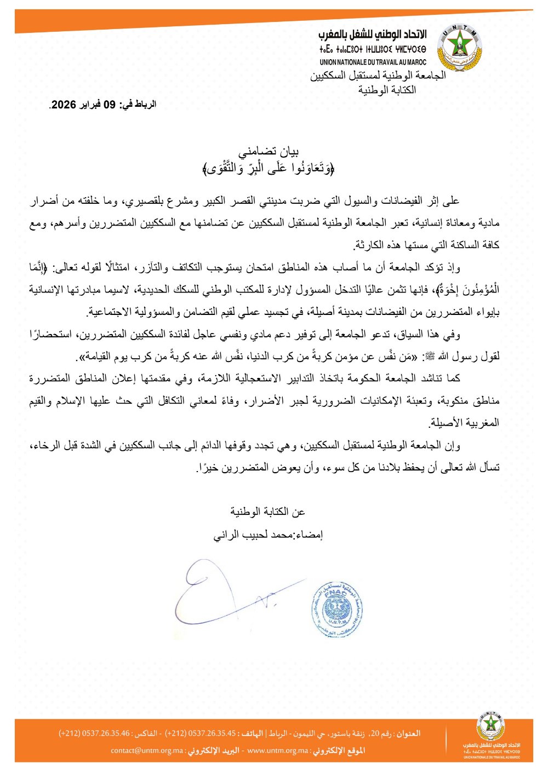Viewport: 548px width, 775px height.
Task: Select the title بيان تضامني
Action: (x=269, y=152)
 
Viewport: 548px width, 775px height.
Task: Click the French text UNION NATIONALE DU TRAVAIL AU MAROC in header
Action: (x=373, y=62)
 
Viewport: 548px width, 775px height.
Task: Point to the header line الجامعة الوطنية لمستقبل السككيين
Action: (x=378, y=76)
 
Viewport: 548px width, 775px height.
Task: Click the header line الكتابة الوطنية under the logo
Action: (x=387, y=90)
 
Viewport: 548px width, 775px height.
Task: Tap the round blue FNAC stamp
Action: (x=337, y=609)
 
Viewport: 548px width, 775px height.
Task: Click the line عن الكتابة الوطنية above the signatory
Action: (x=268, y=512)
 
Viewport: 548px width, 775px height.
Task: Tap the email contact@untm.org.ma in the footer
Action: (x=147, y=750)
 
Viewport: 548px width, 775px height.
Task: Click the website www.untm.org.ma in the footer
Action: (x=278, y=750)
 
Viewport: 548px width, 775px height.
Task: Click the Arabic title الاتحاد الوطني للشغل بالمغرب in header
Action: (x=373, y=35)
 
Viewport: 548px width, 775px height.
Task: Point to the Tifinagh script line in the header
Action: (x=373, y=49)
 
